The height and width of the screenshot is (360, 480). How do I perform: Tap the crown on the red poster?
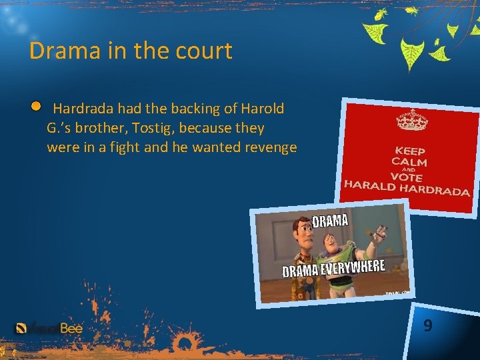coord(411,121)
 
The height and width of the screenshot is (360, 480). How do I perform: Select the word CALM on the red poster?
coord(410,162)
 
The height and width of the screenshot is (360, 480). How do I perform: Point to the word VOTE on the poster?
coord(407,178)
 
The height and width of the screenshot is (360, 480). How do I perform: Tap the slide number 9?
coord(427,325)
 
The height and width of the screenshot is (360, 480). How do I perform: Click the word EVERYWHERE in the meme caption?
coord(353,268)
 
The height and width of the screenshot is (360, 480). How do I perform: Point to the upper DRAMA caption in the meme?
coord(329,221)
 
